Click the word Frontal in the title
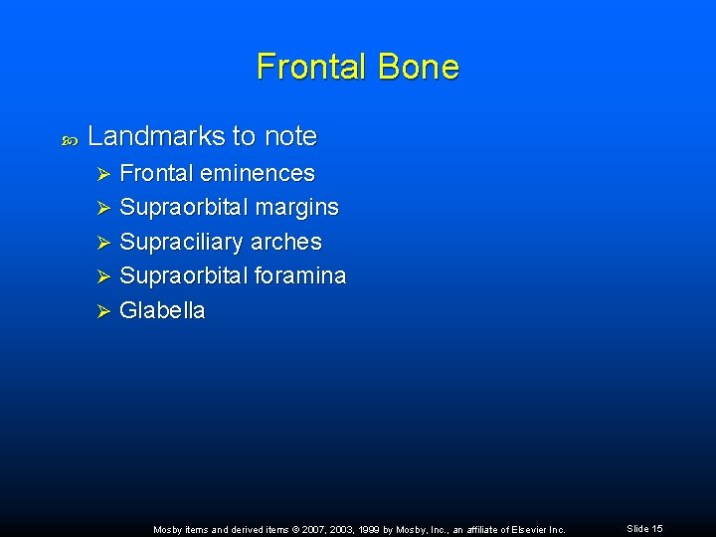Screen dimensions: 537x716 [310, 67]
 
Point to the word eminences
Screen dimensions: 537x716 [258, 173]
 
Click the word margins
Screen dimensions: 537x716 [297, 208]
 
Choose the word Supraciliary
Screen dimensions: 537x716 [182, 243]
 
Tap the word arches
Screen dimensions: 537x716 [286, 242]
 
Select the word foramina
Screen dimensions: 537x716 [300, 275]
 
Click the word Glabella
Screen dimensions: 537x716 [162, 310]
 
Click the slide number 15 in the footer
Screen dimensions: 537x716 [657, 529]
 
